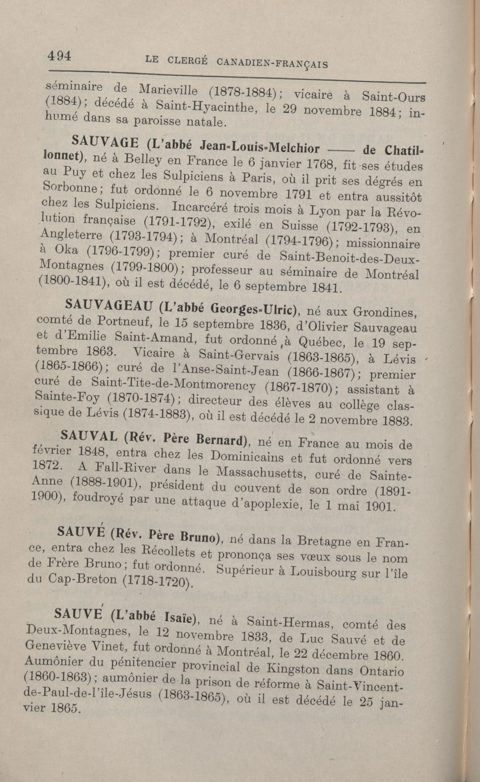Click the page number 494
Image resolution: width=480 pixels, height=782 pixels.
tap(59, 57)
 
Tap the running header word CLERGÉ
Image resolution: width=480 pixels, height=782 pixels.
tap(187, 61)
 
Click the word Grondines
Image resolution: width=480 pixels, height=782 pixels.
tap(384, 312)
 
